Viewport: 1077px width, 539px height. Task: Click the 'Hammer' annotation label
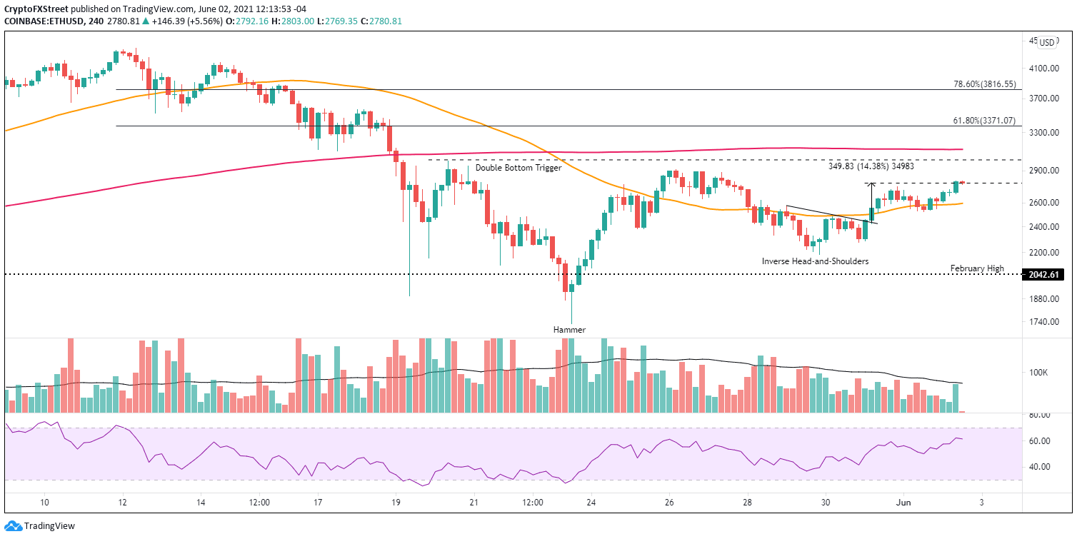coord(568,330)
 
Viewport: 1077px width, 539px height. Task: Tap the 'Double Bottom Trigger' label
coord(519,168)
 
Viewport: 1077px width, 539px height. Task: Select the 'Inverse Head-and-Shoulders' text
coord(815,261)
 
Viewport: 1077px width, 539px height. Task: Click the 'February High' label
coord(976,268)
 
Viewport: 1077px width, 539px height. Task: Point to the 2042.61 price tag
coord(1046,274)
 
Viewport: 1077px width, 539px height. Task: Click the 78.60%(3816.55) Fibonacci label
coord(984,84)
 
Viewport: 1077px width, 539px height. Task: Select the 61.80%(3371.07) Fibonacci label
coord(984,121)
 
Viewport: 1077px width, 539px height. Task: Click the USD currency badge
coord(1047,42)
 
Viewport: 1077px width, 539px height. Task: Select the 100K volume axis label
coord(1038,373)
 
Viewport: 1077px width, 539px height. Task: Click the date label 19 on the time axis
coord(396,503)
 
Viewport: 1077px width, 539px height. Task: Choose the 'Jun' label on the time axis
coord(901,503)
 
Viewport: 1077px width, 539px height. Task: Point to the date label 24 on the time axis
coord(591,503)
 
